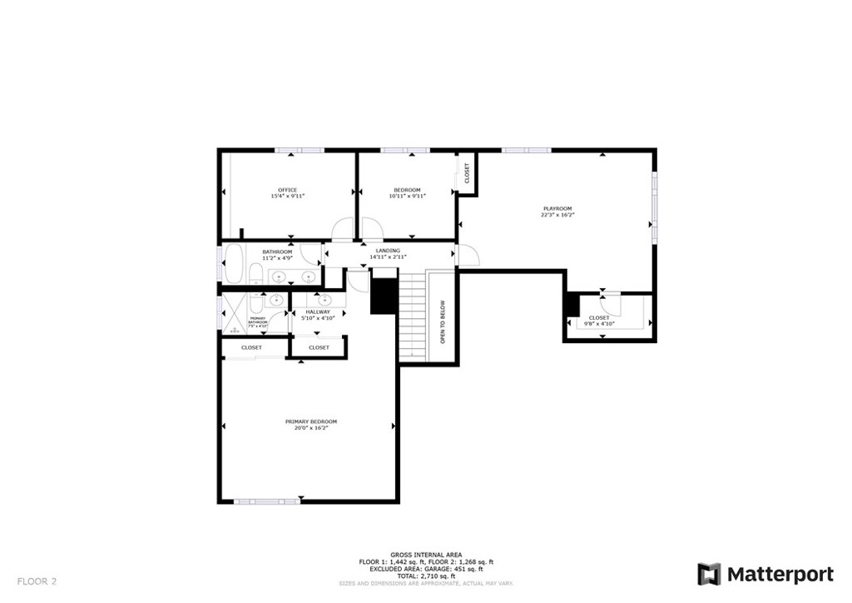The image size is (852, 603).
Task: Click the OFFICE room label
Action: point(287,190)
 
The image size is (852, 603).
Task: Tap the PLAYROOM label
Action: point(557,208)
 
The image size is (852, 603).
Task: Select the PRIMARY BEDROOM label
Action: point(311,421)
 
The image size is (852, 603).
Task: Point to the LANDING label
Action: point(388,251)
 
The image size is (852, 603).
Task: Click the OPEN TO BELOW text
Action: point(443,321)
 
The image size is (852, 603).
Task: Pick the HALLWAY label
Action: point(317,311)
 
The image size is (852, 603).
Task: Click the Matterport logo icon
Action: point(709,574)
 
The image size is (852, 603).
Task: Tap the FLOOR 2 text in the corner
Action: point(37,581)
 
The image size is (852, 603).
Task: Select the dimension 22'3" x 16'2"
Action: point(557,215)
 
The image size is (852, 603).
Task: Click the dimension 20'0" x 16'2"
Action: point(311,428)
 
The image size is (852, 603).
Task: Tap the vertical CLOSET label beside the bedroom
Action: point(467,173)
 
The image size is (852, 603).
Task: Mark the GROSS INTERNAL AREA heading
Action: point(426,554)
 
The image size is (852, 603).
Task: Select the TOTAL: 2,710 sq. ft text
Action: point(426,576)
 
